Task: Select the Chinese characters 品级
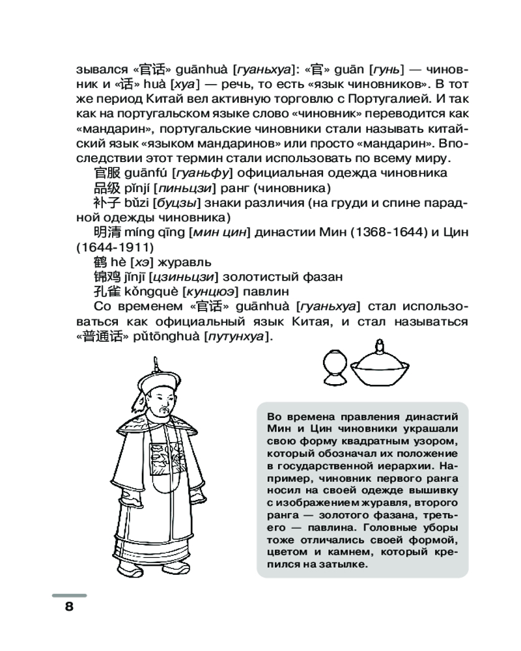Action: [105, 188]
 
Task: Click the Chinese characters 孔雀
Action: [105, 292]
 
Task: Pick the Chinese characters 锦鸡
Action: [105, 277]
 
